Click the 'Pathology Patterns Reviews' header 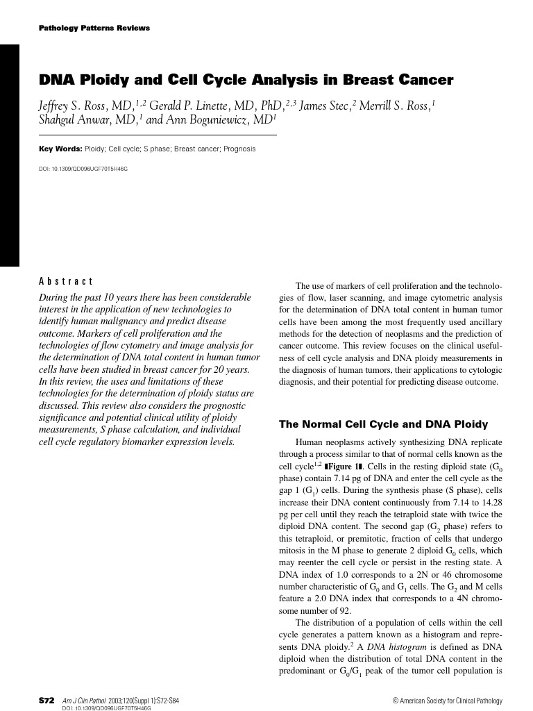[x=94, y=28]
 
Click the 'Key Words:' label [x=60, y=149]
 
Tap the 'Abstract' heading [x=66, y=281]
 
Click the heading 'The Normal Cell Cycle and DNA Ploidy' [x=383, y=424]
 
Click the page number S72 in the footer [x=47, y=700]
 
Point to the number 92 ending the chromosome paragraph [x=344, y=611]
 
